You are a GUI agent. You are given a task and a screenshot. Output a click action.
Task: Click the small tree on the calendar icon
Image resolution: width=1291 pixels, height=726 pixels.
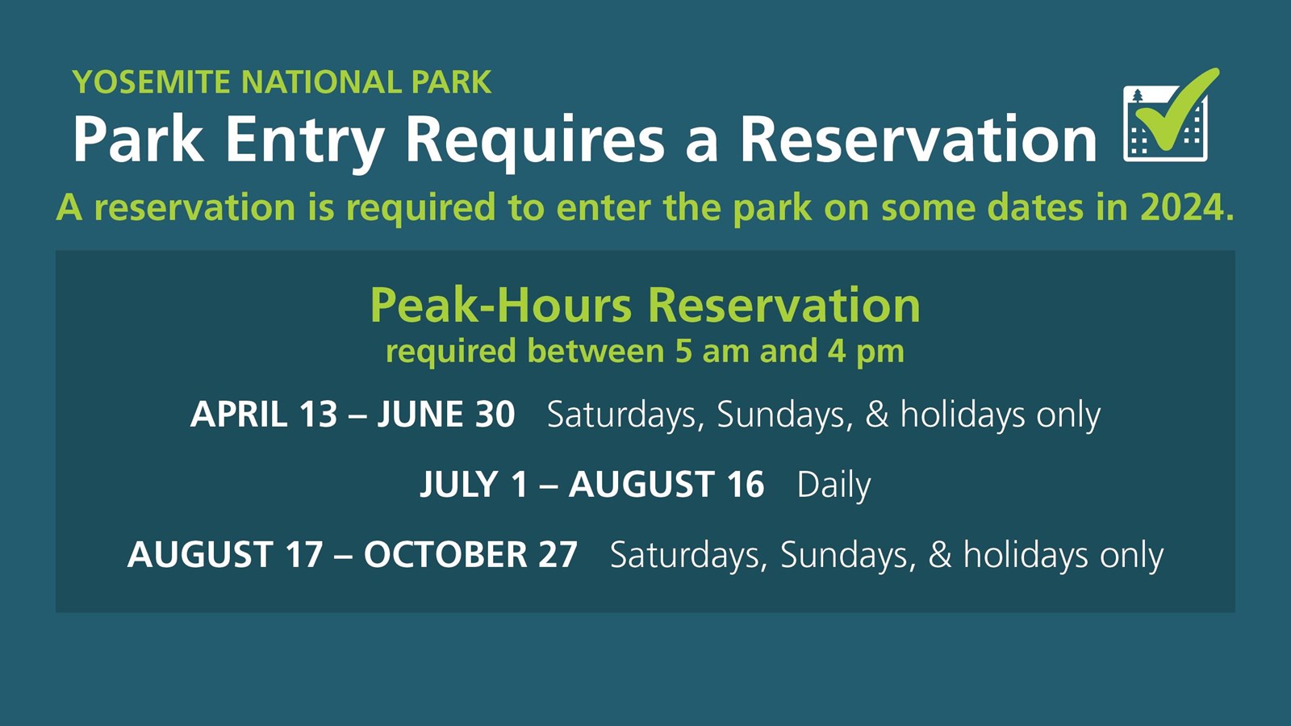[1138, 98]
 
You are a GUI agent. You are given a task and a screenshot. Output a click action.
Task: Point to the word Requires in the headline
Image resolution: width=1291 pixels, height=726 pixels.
[534, 140]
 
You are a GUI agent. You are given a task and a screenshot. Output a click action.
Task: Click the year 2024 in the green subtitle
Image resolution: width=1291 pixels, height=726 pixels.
[1186, 208]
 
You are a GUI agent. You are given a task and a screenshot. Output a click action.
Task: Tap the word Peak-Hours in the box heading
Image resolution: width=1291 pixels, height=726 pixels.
[500, 306]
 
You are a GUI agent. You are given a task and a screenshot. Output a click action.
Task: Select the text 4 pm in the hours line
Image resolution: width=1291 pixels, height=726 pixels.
[865, 352]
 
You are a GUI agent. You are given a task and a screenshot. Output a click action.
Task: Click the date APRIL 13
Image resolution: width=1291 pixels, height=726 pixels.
[264, 415]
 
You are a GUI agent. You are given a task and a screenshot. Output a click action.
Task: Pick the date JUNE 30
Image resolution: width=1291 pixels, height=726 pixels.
[446, 415]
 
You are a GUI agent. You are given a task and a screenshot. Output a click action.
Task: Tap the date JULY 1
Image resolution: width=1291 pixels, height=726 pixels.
[474, 485]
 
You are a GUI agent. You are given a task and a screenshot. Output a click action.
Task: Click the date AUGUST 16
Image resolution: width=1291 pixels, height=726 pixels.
[666, 485]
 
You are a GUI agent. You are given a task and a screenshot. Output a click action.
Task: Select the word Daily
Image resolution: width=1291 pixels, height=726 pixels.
[834, 485]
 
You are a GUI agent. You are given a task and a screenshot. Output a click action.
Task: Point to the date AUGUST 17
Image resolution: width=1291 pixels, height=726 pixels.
[225, 555]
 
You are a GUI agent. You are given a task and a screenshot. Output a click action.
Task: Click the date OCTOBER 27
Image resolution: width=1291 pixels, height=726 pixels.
[470, 555]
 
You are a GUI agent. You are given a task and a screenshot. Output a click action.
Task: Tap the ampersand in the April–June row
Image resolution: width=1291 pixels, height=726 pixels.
[876, 415]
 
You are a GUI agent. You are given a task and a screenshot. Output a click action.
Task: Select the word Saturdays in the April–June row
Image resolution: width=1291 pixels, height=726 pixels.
[620, 415]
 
